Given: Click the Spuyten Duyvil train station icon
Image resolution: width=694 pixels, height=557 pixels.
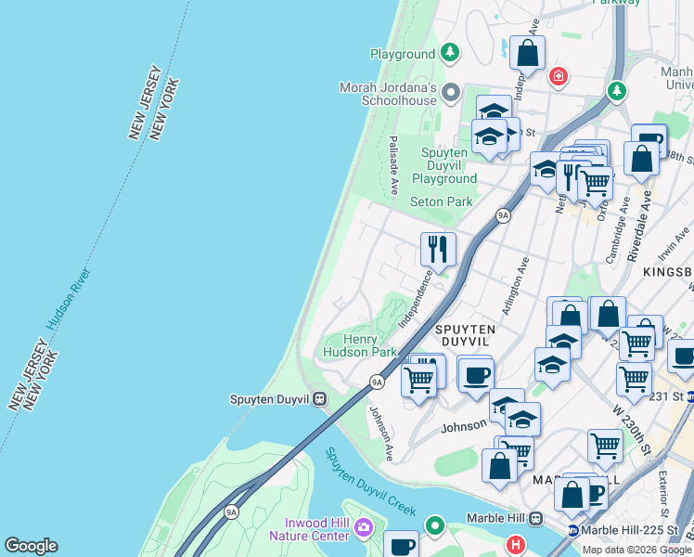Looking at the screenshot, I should pyautogui.click(x=318, y=399).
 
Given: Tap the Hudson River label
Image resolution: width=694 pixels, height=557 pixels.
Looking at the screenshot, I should pyautogui.click(x=68, y=301).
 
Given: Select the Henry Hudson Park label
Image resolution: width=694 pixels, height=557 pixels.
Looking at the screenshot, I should pyautogui.click(x=360, y=345).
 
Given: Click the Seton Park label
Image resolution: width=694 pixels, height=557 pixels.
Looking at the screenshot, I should pyautogui.click(x=441, y=201).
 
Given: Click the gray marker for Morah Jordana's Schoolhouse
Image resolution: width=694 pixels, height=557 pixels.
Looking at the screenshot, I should pyautogui.click(x=451, y=91).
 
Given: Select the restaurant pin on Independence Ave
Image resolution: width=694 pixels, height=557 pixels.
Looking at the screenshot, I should pyautogui.click(x=438, y=249).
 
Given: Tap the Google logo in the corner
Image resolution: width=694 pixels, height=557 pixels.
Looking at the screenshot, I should pyautogui.click(x=31, y=546).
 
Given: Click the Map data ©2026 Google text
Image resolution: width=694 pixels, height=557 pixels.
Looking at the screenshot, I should pyautogui.click(x=636, y=550).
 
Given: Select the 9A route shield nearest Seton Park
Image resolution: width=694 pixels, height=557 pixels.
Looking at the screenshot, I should pyautogui.click(x=503, y=215).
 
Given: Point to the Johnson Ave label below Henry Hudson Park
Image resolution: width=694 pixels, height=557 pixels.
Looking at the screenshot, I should pyautogui.click(x=380, y=433).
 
